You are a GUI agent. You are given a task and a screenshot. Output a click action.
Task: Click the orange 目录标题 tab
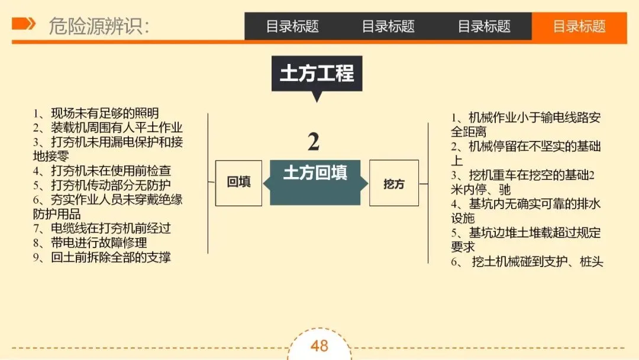(x=579, y=27)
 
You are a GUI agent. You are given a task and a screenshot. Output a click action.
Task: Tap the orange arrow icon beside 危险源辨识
(x=24, y=24)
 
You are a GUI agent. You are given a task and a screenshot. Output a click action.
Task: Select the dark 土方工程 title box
(x=317, y=73)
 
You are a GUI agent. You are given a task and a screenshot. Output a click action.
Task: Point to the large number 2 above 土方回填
(x=314, y=142)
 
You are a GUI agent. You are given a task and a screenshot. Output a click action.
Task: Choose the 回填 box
(x=238, y=182)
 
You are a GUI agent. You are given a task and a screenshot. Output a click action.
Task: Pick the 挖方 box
(x=393, y=183)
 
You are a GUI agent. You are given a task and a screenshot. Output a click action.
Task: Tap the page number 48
(x=319, y=346)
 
